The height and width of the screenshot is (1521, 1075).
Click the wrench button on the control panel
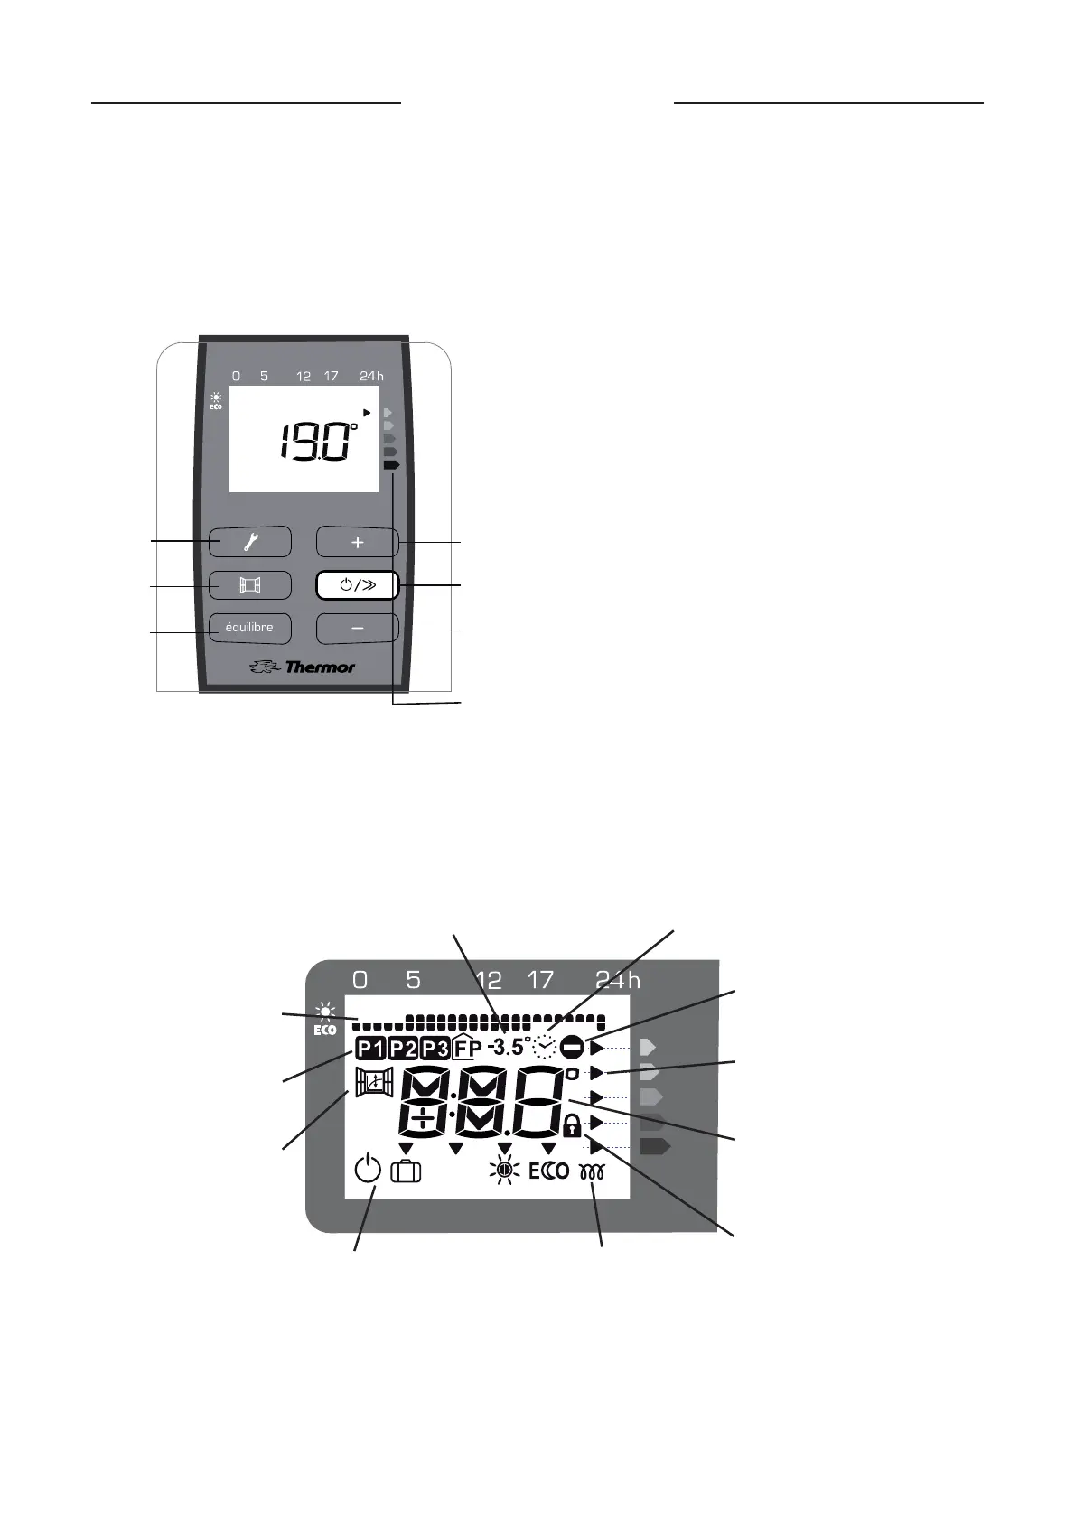click(250, 542)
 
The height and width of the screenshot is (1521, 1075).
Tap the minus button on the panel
click(358, 628)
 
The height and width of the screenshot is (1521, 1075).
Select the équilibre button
click(249, 628)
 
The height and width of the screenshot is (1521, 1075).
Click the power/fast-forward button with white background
click(358, 585)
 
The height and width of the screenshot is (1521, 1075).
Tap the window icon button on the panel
click(250, 585)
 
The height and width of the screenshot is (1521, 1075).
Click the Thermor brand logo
click(303, 667)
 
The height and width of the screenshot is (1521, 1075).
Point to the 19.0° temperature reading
click(316, 442)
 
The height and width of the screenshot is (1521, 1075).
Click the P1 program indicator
click(369, 1049)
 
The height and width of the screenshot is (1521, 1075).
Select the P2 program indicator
click(402, 1049)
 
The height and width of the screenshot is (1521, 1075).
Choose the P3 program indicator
click(435, 1049)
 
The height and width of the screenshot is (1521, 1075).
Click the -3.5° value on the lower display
click(506, 1048)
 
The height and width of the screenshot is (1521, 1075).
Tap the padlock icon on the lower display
click(571, 1126)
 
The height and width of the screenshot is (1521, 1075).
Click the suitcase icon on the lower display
click(406, 1172)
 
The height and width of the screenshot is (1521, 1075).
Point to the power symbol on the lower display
click(368, 1171)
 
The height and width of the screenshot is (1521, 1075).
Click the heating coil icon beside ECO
click(592, 1172)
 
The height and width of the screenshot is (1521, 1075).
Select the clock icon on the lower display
click(545, 1047)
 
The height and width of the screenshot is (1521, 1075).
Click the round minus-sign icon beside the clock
click(572, 1048)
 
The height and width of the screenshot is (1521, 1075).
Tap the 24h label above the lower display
click(618, 980)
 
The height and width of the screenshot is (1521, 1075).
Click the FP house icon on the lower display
click(467, 1048)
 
